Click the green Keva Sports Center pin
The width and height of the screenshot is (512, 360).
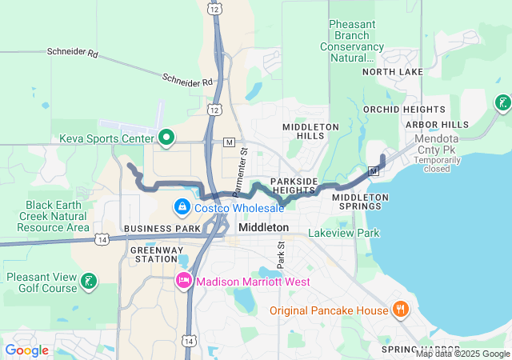[x=166, y=138]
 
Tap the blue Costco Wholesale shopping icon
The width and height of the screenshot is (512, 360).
[x=182, y=208]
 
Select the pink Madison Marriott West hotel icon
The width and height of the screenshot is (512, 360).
[x=183, y=282]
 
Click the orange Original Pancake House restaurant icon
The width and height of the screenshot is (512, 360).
[x=400, y=310]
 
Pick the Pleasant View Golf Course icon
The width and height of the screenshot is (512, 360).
[x=90, y=281]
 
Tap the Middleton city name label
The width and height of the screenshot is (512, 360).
[x=263, y=228]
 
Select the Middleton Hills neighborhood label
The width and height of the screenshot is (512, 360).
[x=304, y=131]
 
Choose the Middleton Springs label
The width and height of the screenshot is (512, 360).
[x=360, y=202]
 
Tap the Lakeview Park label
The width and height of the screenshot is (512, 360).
[x=346, y=234]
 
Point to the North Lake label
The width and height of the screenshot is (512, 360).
[x=392, y=72]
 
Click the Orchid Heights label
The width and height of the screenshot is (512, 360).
[x=404, y=109]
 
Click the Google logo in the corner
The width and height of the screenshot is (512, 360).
[x=26, y=350]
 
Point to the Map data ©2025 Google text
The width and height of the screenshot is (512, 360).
[x=462, y=354]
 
